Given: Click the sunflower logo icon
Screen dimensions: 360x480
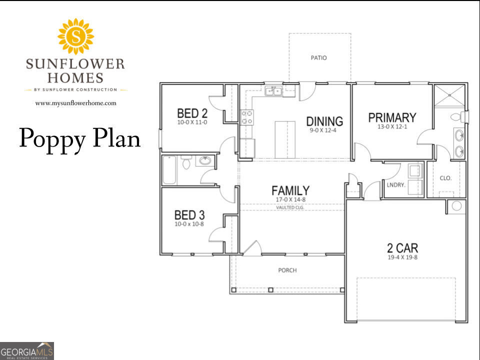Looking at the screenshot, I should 75,36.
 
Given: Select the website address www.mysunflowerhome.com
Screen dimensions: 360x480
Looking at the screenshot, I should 75,103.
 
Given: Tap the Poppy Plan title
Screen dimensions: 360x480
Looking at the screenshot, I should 80,138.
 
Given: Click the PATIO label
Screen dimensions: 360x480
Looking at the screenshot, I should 318,58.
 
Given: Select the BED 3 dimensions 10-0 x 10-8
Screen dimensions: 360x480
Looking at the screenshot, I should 189,224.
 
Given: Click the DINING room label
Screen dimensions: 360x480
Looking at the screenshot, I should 324,121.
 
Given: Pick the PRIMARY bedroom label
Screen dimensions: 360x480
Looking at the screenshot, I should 392,118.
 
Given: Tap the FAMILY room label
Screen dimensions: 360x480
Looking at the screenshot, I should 290,190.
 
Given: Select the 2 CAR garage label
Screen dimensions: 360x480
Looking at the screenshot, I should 402,248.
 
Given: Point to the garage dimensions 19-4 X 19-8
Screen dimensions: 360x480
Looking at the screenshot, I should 402,258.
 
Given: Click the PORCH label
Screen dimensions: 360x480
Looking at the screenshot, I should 287,270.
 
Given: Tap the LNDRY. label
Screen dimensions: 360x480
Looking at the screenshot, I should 395,184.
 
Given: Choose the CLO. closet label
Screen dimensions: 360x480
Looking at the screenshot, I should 445,177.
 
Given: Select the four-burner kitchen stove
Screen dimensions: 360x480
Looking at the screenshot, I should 246,117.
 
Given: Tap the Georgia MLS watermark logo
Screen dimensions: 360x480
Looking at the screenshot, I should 27,350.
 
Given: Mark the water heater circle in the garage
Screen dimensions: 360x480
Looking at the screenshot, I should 455,206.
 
